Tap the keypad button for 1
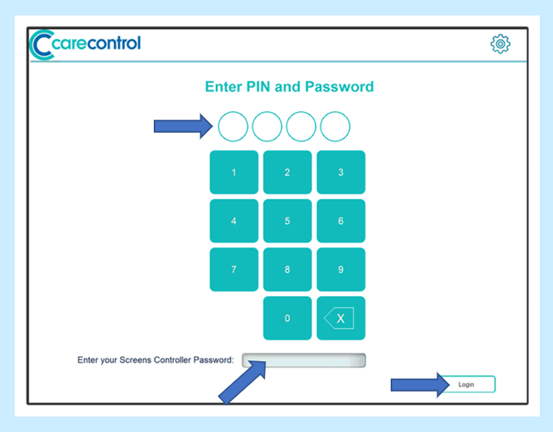[x=234, y=172]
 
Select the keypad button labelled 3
[x=341, y=172]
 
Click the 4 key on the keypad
[x=234, y=221]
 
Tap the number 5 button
[x=287, y=221]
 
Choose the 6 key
[x=341, y=221]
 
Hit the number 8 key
[x=287, y=270]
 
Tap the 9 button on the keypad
[x=341, y=270]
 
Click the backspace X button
[x=341, y=319]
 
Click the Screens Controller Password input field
[x=304, y=361]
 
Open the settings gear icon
[x=500, y=44]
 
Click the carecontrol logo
[x=85, y=44]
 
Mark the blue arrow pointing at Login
[x=420, y=385]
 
